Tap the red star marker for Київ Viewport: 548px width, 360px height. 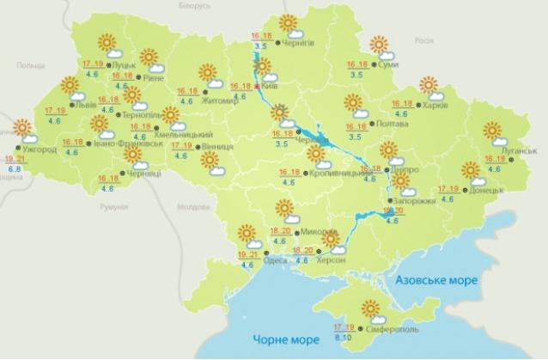click(259, 86)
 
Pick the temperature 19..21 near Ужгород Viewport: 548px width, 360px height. click(15, 159)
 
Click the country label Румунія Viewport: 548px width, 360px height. click(113, 207)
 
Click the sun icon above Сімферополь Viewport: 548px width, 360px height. click(372, 308)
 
